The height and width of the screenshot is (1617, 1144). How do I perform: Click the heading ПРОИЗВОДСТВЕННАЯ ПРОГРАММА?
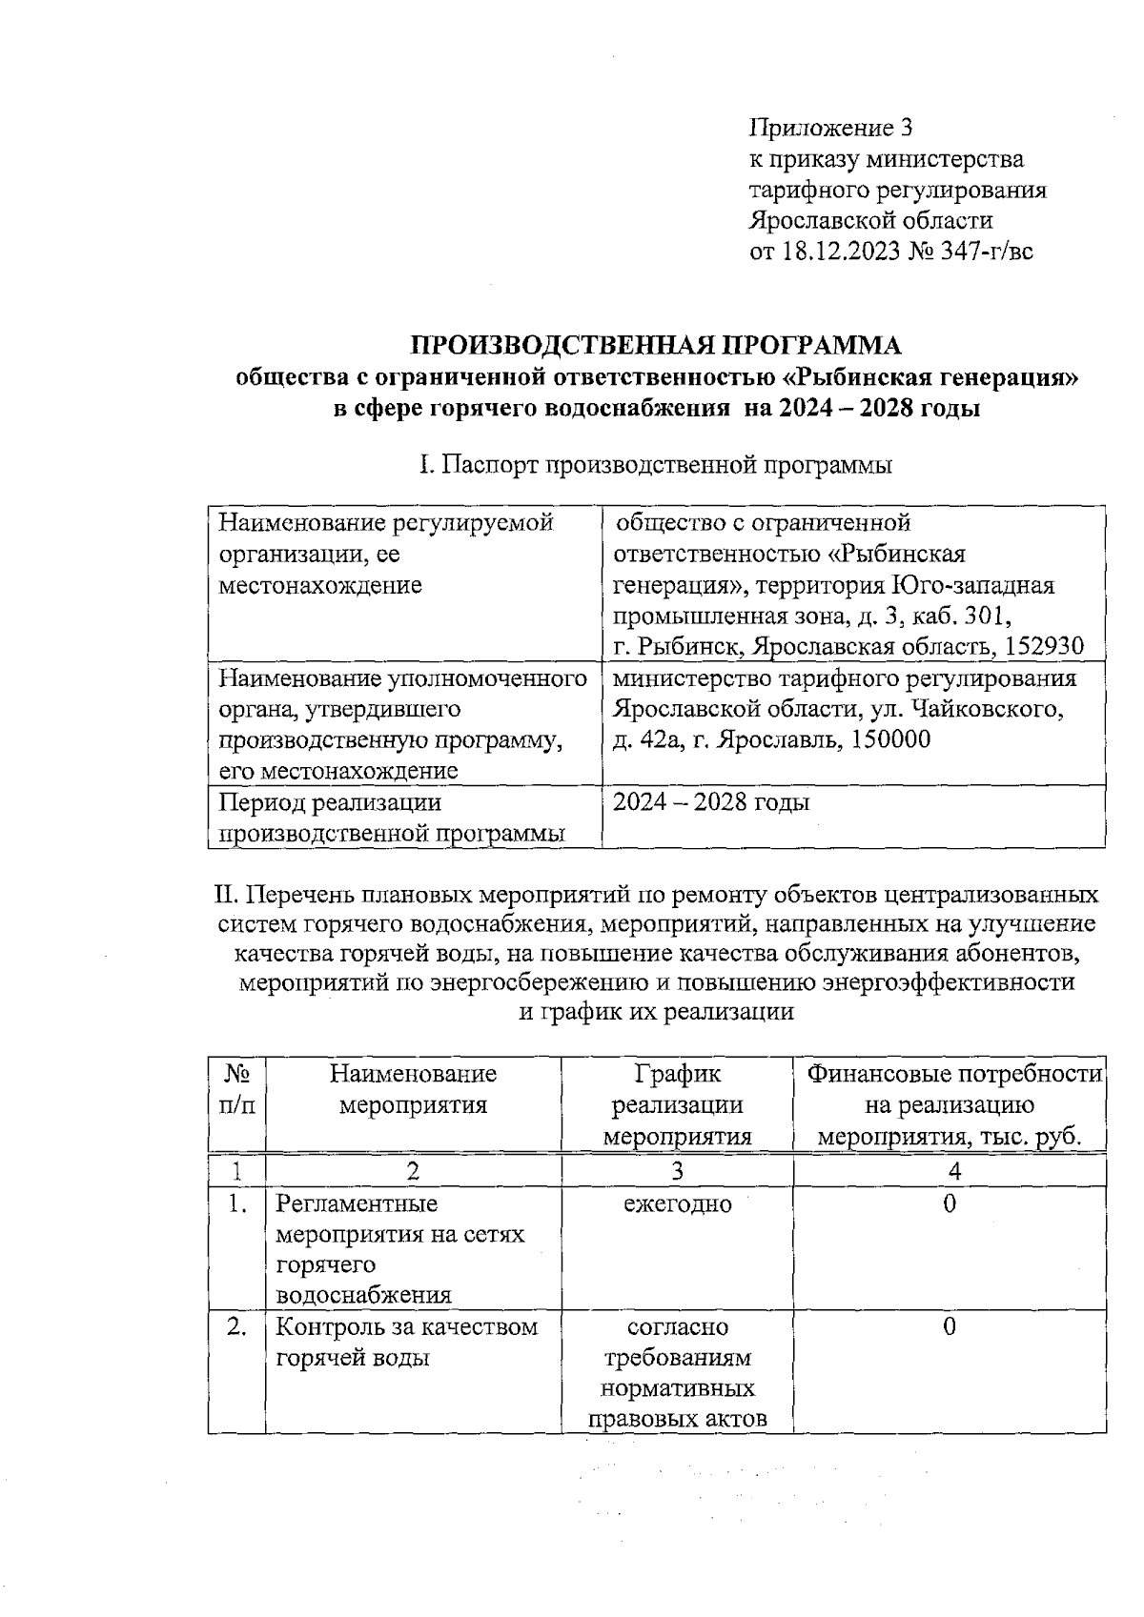655,345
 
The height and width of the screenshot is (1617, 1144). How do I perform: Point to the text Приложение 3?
831,127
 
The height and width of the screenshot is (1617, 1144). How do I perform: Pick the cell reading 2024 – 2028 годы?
711,802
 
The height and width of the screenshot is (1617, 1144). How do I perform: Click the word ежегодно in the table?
677,1203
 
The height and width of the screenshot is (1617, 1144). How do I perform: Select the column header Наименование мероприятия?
413,1090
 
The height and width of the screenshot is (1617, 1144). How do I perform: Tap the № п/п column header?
236,1090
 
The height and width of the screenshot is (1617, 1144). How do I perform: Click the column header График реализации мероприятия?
677,1105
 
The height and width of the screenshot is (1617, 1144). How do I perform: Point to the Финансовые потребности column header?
950,1105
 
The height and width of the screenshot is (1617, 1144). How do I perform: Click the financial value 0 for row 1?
950,1203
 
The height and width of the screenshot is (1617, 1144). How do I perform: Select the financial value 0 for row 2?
950,1327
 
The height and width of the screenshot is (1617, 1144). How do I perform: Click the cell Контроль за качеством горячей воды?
406,1343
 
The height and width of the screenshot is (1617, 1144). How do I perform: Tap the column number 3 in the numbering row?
677,1170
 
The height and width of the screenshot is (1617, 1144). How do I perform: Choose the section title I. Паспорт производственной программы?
656,466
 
